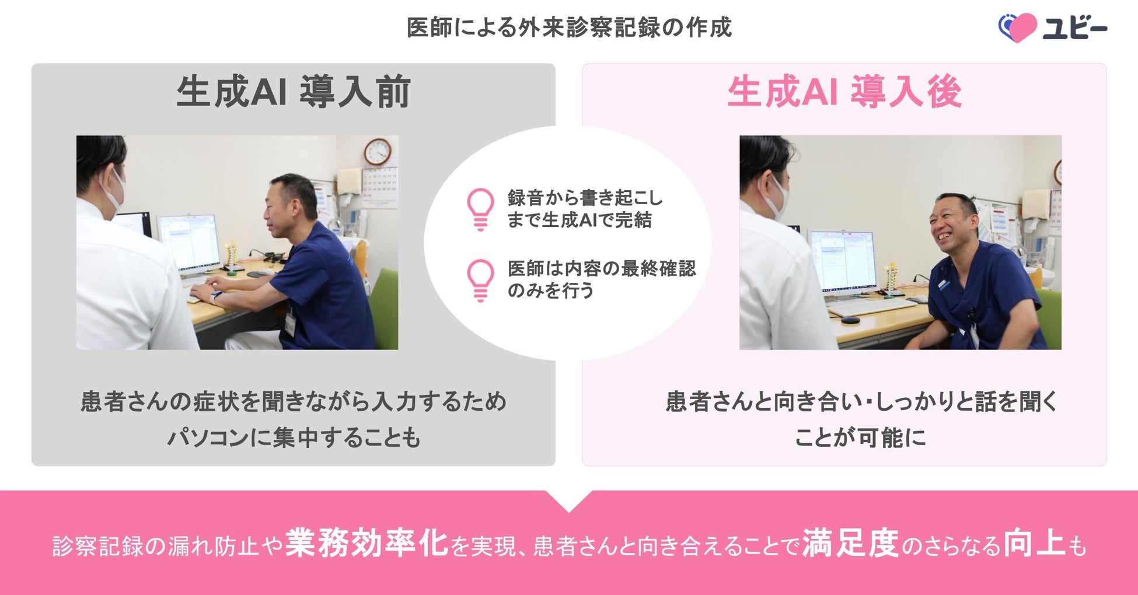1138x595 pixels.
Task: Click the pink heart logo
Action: (1018, 27)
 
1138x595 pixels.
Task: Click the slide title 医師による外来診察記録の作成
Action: (569, 27)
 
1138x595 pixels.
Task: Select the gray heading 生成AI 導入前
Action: (294, 92)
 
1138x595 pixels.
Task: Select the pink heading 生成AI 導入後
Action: (844, 92)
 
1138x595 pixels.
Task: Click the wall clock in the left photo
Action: (378, 152)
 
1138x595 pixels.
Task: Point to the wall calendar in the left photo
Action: (379, 187)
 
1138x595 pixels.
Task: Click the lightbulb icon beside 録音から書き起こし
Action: (480, 209)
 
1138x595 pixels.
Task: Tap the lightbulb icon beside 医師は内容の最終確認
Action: (480, 280)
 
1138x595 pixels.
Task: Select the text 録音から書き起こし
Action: (585, 198)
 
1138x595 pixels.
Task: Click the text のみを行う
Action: (550, 290)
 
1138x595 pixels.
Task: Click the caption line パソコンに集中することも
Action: (294, 437)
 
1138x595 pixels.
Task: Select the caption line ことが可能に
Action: (860, 437)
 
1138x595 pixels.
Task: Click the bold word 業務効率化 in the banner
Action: (366, 543)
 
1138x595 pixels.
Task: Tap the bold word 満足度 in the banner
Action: (850, 543)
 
